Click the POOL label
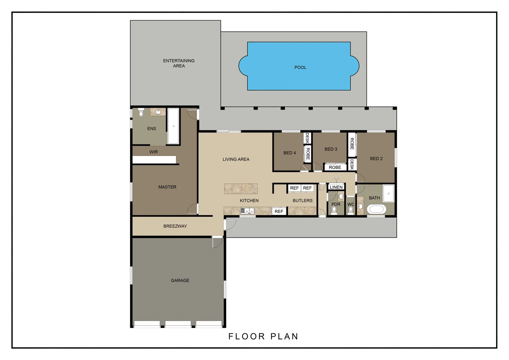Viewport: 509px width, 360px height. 300,67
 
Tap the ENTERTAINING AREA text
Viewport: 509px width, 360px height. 179,63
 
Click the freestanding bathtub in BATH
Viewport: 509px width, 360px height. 376,210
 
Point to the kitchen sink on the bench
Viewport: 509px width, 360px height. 248,211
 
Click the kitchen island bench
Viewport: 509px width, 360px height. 241,189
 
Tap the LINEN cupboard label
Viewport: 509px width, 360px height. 336,187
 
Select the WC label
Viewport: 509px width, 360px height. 351,205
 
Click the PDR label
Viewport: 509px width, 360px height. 336,204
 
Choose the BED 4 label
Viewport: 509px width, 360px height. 289,153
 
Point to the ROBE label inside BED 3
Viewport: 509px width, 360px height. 335,167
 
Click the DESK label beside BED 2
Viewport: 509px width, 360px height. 352,164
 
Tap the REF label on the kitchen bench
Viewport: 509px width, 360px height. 279,212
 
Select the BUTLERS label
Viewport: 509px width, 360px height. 302,201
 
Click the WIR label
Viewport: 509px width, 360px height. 154,152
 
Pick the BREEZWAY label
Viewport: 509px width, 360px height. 175,226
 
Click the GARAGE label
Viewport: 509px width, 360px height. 180,281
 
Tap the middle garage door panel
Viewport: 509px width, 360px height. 178,324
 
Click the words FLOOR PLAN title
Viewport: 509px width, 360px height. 263,337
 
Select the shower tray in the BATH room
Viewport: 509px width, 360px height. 388,193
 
